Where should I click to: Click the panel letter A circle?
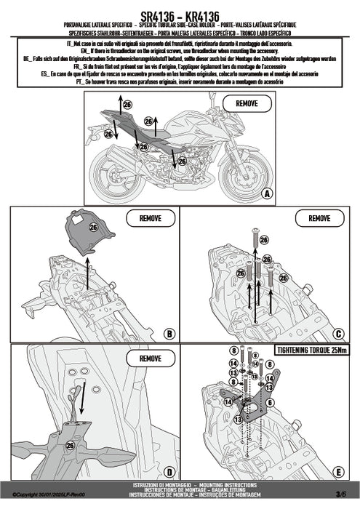coord(267,193)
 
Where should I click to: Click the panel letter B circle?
coord(168,334)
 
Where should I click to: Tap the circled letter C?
coord(337,334)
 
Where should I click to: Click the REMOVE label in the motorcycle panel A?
coord(247,104)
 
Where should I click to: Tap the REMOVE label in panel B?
coord(150,217)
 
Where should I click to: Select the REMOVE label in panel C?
coord(319,217)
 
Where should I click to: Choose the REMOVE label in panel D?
coord(150,358)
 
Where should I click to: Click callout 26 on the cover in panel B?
coord(92,227)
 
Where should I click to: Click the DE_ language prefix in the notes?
coord(27,58)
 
